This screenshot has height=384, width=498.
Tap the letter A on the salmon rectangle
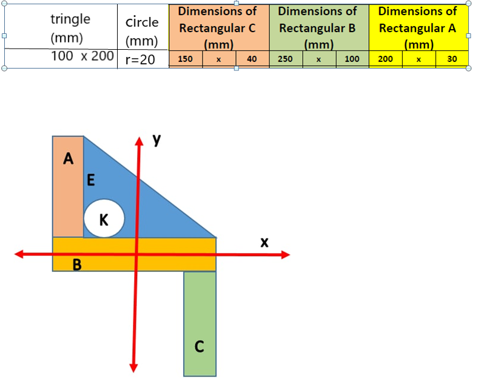[x=69, y=160]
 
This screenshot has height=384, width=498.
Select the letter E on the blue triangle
[x=91, y=180]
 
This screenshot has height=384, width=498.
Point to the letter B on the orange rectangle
[x=78, y=264]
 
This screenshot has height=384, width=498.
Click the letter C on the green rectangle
[x=199, y=347]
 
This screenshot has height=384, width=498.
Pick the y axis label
[x=157, y=140]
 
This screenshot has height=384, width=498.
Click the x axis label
[x=264, y=242]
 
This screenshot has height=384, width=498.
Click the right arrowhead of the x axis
[x=284, y=255]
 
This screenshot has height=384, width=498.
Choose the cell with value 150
[x=186, y=59]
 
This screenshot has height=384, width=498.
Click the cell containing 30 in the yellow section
[x=452, y=59]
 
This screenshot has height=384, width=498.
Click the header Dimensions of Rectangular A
[x=417, y=28]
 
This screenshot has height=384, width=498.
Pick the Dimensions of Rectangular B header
[x=317, y=28]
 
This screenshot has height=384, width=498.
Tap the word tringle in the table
[x=70, y=19]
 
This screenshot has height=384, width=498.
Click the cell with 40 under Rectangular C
[x=252, y=59]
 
